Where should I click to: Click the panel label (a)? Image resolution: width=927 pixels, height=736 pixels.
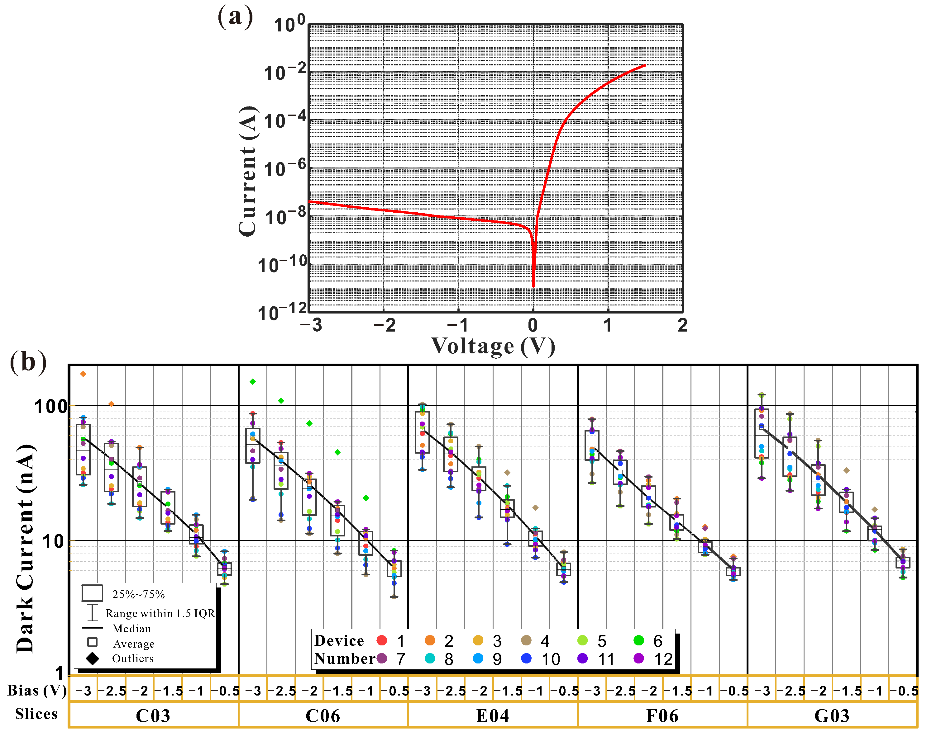(235, 17)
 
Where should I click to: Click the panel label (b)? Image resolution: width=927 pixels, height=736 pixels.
(28, 362)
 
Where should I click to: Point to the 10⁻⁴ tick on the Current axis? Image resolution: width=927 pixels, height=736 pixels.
(284, 120)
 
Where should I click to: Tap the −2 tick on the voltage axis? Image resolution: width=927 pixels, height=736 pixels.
(384, 325)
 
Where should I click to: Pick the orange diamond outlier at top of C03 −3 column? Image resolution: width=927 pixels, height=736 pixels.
(84, 374)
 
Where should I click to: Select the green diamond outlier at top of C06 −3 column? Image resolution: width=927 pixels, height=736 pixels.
(253, 381)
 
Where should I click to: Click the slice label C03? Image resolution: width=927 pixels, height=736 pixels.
(153, 716)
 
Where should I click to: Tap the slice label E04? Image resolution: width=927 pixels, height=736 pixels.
(492, 716)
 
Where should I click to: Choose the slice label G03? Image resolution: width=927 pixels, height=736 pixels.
(832, 716)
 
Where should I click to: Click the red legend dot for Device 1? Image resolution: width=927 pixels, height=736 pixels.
(381, 640)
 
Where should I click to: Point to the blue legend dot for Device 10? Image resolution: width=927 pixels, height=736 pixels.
(526, 658)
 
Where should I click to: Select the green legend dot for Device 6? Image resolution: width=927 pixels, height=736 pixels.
(638, 640)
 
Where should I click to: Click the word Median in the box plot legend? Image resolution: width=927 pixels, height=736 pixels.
(131, 629)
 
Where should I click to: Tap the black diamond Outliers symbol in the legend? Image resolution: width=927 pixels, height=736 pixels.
(93, 658)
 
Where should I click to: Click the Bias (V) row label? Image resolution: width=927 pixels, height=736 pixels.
(37, 691)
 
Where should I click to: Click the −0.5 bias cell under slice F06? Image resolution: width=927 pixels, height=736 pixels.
(734, 691)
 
